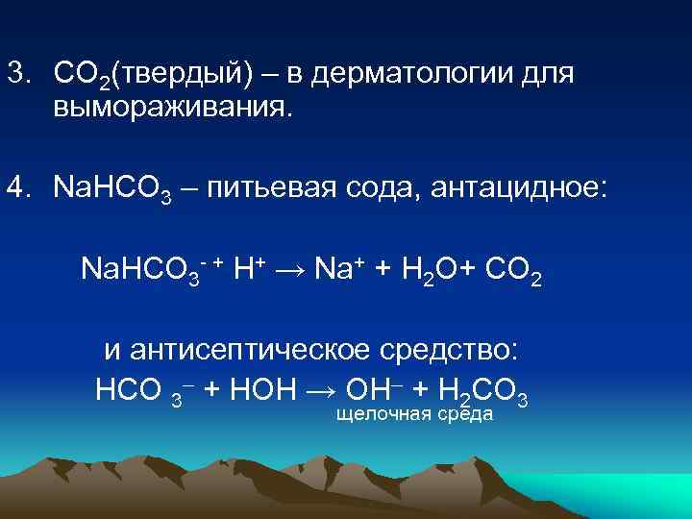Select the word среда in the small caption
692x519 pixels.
point(465,414)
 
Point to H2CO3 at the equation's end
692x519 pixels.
point(481,389)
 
